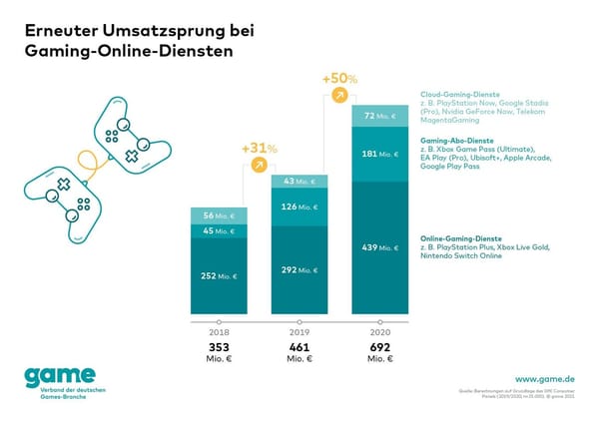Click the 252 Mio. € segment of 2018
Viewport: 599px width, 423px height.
[220, 277]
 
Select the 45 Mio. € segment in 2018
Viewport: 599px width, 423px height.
[220, 231]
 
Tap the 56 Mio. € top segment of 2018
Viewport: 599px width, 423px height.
[220, 216]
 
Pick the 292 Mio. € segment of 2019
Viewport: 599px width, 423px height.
[300, 268]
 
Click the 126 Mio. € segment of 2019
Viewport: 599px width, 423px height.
[300, 208]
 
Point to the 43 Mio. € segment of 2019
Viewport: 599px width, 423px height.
[300, 181]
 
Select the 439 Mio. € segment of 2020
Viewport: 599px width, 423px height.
[379, 246]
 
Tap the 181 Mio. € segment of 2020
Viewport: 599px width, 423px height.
[379, 154]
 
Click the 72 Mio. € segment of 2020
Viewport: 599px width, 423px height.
[379, 117]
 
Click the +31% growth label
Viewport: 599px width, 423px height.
[259, 149]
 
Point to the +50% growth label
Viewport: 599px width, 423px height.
[338, 77]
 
